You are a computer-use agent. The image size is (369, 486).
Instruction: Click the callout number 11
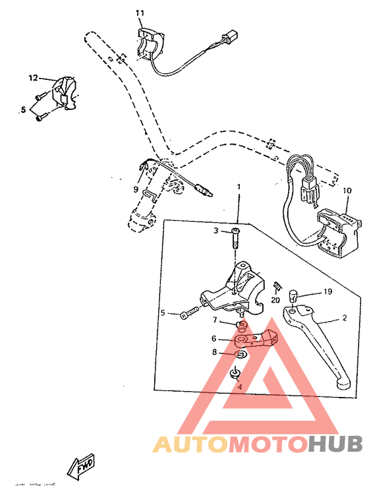pyautogui.click(x=139, y=13)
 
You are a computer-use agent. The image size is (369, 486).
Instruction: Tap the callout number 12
pyautogui.click(x=34, y=78)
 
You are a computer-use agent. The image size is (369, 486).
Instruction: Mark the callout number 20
pyautogui.click(x=275, y=300)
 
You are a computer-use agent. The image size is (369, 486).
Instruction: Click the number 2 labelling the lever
pyautogui.click(x=343, y=319)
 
